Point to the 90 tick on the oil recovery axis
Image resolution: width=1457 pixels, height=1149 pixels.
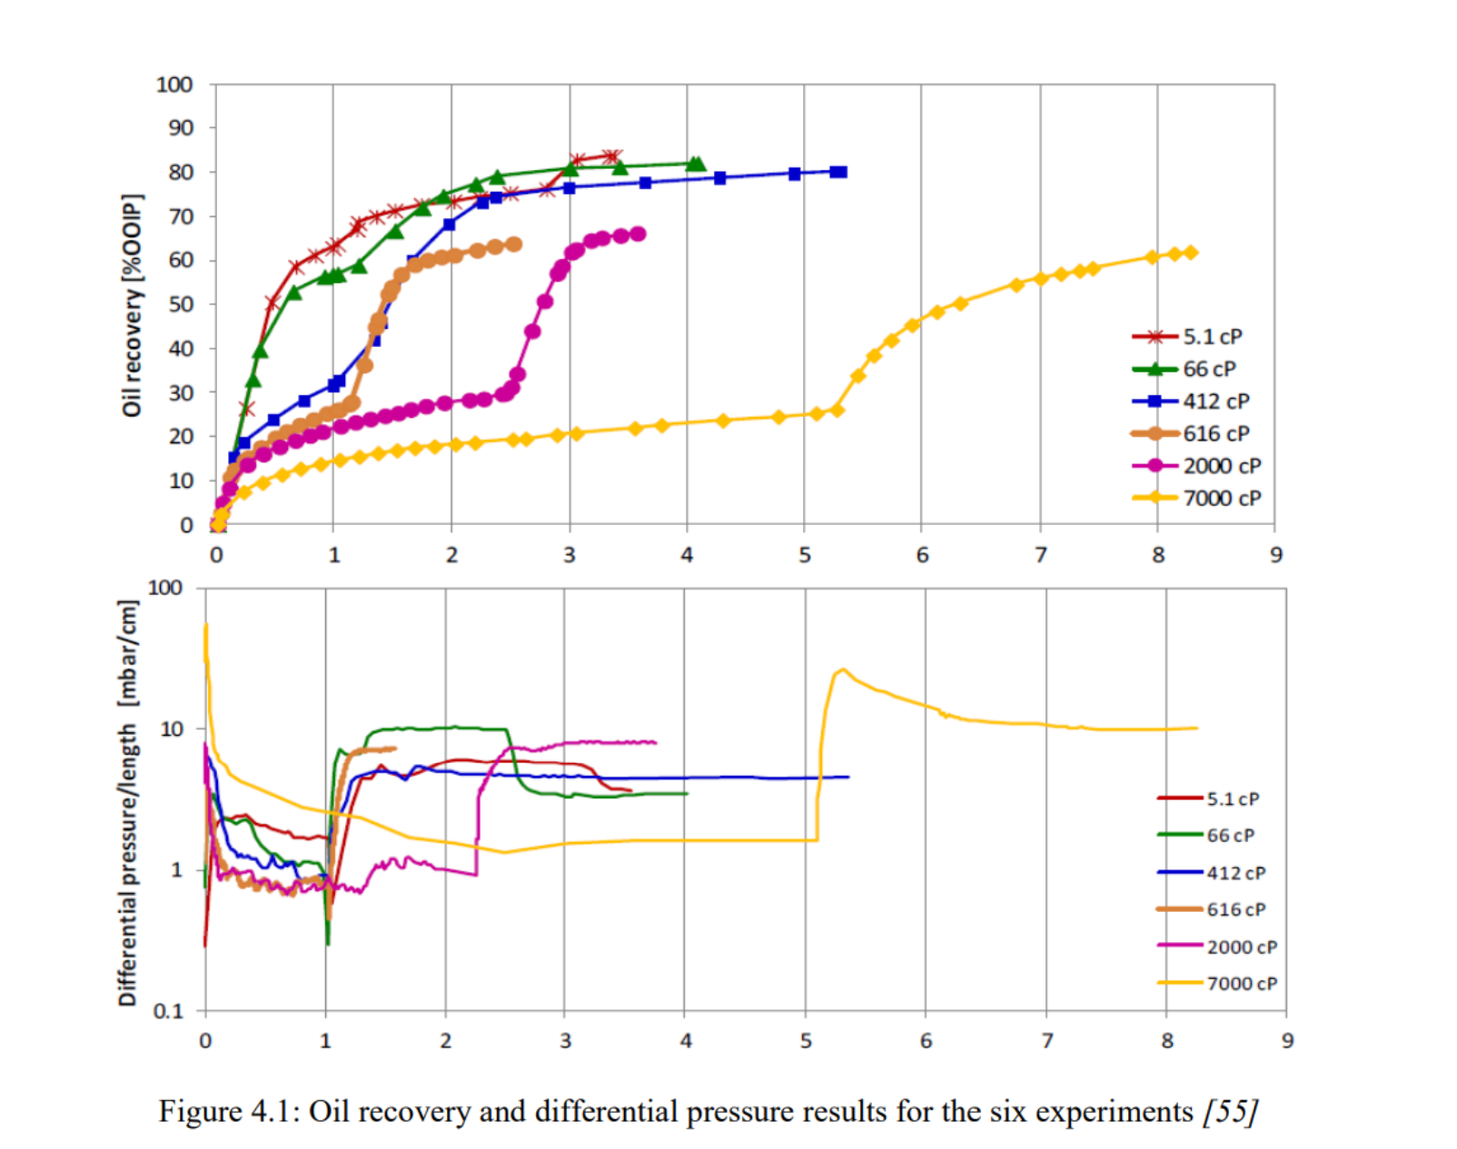tap(181, 128)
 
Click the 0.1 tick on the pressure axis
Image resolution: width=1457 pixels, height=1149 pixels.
tap(167, 1011)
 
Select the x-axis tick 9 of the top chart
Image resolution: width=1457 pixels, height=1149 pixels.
tap(1276, 555)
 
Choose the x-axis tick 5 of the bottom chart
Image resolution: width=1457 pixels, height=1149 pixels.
tap(806, 1041)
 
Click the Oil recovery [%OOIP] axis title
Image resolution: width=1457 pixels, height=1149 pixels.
tap(133, 305)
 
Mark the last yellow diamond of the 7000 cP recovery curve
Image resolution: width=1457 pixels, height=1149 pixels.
tap(1191, 253)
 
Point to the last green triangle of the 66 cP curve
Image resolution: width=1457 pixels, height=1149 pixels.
tap(697, 164)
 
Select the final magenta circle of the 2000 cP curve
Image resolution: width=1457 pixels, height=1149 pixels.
tap(639, 233)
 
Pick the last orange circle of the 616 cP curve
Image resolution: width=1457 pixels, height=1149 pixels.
tap(513, 244)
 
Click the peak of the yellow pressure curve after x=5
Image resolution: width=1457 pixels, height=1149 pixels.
tap(843, 669)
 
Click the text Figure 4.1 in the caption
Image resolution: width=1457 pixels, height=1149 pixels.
tap(227, 1111)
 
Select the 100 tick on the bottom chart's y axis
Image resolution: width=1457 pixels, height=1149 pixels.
tap(164, 588)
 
